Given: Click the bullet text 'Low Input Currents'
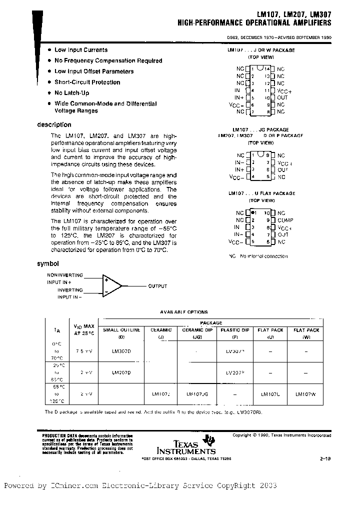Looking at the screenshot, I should coord(80,50).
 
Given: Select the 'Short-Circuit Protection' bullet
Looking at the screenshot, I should coord(87,82).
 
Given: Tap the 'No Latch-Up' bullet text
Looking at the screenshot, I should coord(71,93).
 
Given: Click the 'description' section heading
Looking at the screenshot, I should coord(54,125).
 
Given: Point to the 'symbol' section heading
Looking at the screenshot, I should coord(48,263).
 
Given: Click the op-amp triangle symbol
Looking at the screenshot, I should coord(111,286).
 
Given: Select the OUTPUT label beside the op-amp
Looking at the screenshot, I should coord(157,286).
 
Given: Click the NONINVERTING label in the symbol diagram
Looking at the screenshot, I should coord(65,275).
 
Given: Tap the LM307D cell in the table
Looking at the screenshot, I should coord(121,351).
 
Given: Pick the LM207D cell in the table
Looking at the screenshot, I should coord(121,372).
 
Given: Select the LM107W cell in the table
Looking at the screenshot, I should coord(305,394).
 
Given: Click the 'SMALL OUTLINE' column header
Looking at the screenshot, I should coord(121,330).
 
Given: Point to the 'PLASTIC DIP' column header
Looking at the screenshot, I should coord(235,330).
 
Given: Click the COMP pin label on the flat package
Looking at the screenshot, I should coord(285,220).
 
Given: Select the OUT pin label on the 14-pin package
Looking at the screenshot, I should coord(282,97).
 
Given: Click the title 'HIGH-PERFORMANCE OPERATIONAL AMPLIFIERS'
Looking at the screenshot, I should coord(254,23).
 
